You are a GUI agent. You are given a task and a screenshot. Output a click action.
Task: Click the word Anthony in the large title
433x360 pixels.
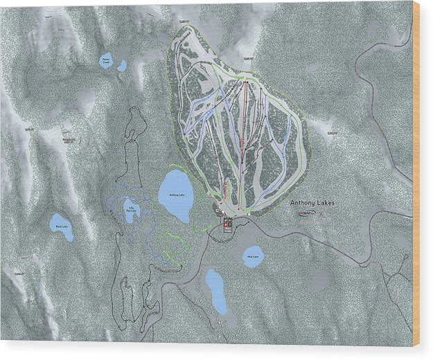pyautogui.click(x=303, y=202)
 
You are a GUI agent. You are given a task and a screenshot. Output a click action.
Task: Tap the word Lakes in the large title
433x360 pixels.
pyautogui.click(x=324, y=202)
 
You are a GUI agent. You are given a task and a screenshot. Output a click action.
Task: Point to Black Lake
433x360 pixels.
pyautogui.click(x=62, y=226)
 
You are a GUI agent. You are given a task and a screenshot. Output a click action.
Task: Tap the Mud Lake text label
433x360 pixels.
pyautogui.click(x=253, y=258)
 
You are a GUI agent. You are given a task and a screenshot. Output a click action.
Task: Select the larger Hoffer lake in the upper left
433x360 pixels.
pyautogui.click(x=106, y=60)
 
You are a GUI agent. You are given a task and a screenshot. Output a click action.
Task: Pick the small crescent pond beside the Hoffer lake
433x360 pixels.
pyautogui.click(x=123, y=65)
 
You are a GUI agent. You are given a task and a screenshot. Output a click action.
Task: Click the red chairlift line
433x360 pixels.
pyautogui.click(x=242, y=145)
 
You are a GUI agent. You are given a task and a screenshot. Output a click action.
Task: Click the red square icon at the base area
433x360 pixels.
pyautogui.click(x=228, y=221)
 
